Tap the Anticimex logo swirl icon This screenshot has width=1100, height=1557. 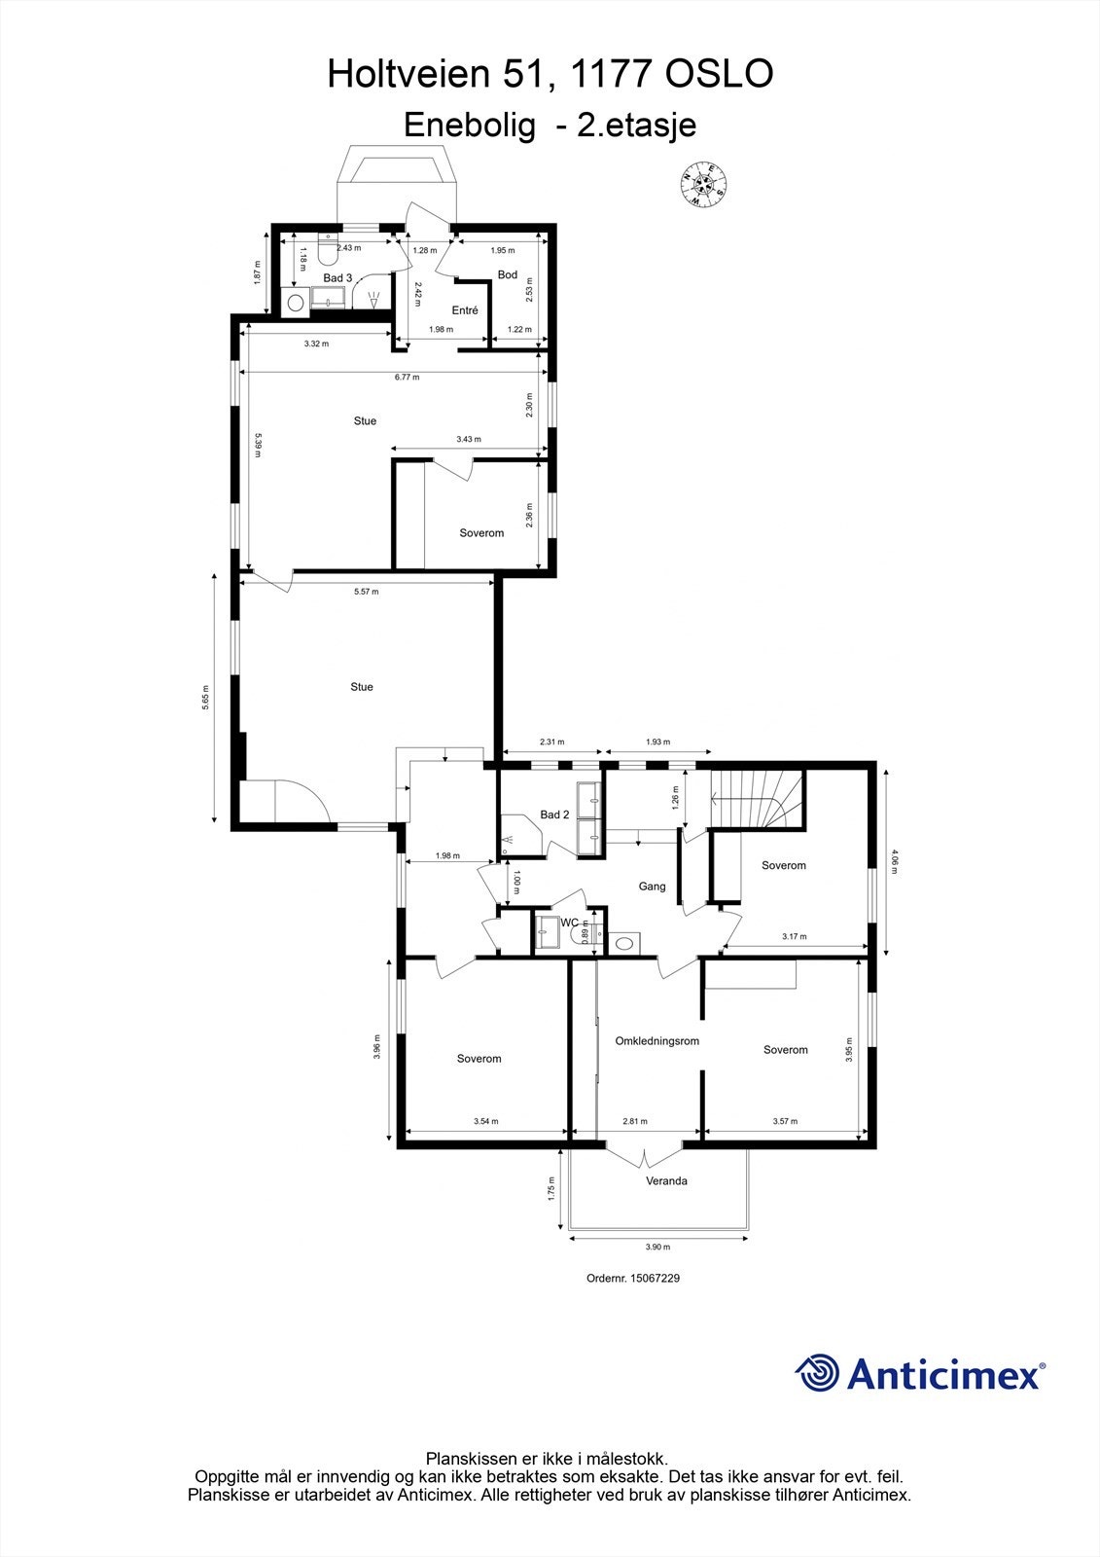818,1373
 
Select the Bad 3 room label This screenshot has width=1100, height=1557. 337,278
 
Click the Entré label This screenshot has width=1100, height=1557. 465,310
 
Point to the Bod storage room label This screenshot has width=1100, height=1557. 508,275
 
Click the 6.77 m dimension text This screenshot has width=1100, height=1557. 407,378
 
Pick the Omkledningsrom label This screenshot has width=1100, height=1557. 657,1041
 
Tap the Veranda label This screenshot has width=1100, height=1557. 667,1181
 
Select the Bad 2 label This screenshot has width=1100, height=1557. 554,815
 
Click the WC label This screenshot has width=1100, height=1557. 570,923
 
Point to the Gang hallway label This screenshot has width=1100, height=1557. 652,887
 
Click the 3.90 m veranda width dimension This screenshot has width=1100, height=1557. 657,1247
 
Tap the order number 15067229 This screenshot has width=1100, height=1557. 655,1279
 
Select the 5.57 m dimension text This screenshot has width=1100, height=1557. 367,592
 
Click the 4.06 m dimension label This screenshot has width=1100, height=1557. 895,863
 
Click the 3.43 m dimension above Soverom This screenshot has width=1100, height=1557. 469,440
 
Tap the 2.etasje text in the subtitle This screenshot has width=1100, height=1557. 637,126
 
